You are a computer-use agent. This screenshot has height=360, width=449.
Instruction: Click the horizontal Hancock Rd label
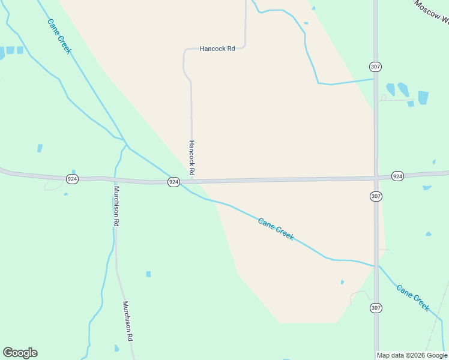[x=217, y=49]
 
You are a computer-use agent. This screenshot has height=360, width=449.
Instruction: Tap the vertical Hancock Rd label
[x=191, y=158]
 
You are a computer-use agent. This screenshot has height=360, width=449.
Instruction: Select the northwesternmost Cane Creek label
[x=59, y=37]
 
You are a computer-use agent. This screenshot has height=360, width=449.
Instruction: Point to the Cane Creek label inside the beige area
[x=276, y=229]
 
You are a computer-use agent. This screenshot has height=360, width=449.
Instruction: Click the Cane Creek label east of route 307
[x=413, y=298]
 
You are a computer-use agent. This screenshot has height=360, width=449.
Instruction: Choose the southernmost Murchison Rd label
[x=128, y=321]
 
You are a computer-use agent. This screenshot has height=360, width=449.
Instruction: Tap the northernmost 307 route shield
[x=376, y=66]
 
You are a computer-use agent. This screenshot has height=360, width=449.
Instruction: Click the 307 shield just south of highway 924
[x=376, y=196]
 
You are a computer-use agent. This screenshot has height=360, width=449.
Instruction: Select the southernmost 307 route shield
[x=376, y=308]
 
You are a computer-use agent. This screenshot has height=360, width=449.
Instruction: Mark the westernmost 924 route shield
[x=73, y=179]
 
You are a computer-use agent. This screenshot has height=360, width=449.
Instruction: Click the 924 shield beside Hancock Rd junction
[x=173, y=182]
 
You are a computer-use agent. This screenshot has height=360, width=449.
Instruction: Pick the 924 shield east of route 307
[x=397, y=176]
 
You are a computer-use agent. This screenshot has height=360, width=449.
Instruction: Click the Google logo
[x=20, y=353]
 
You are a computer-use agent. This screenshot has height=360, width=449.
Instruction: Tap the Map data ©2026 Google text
[x=412, y=355]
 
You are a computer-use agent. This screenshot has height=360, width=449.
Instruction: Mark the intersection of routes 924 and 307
[x=376, y=178]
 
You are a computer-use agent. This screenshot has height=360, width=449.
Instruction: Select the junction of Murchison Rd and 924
[x=115, y=179]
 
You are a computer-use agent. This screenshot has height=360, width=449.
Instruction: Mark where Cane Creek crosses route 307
[x=376, y=266]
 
